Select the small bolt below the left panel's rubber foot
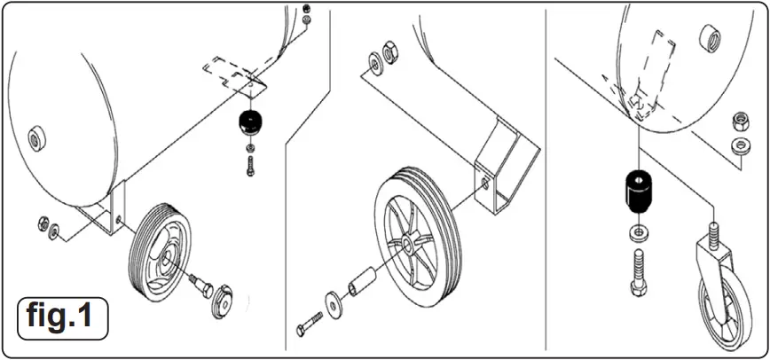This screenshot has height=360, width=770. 251,164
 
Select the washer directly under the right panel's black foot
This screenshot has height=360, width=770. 637,233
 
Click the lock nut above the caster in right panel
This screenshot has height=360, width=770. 737,120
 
